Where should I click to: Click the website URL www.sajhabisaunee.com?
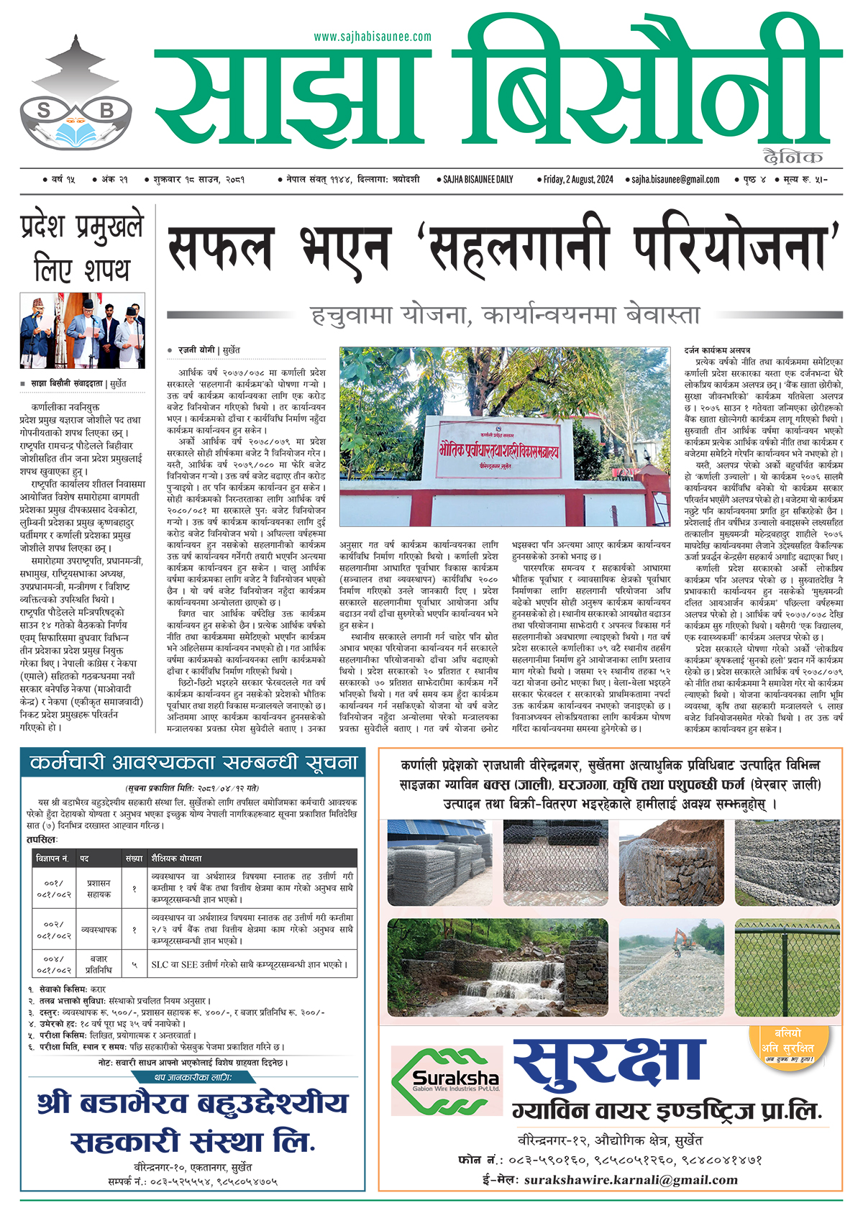click(x=373, y=37)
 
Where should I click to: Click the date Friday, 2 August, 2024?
click(x=578, y=180)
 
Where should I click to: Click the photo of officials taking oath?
click(x=82, y=331)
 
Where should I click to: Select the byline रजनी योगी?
click(x=196, y=350)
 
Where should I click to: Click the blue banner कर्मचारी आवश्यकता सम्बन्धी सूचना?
click(x=193, y=762)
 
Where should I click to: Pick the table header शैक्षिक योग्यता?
click(x=176, y=858)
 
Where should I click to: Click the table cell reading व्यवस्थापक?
click(x=99, y=930)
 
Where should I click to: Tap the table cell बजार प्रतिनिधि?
click(x=99, y=964)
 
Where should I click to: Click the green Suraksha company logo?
click(x=446, y=1081)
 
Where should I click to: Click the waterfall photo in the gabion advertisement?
click(x=498, y=966)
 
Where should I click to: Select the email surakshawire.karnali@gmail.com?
click(x=631, y=1180)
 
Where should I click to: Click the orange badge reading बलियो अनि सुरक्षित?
click(x=788, y=1044)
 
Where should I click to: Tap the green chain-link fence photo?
click(x=787, y=966)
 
